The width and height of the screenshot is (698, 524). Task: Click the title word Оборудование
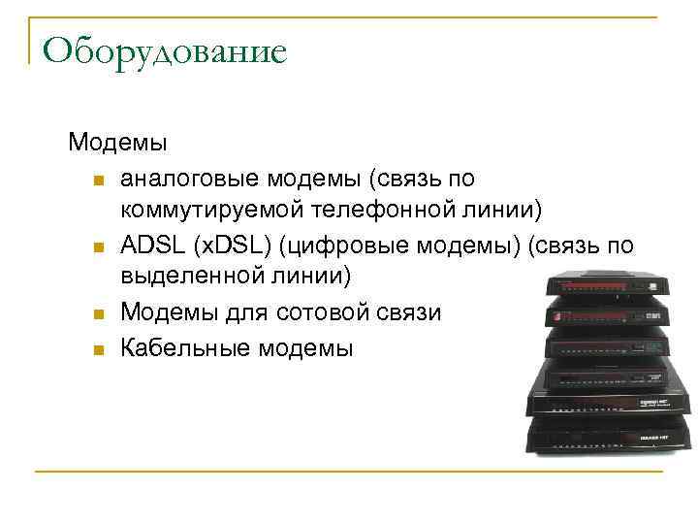165,50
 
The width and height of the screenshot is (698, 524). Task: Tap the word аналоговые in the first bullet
183,179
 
